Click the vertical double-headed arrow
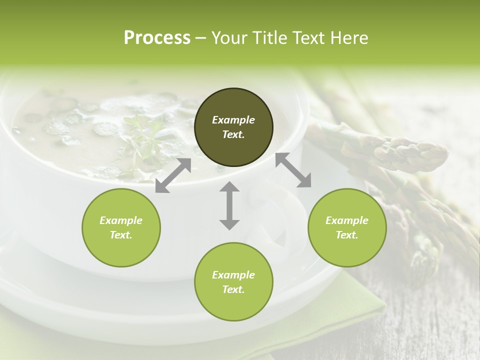[229, 205]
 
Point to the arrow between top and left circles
[173, 175]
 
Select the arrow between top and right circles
[293, 170]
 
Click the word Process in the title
[157, 38]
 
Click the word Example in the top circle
[233, 120]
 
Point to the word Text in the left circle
[121, 235]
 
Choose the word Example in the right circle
[347, 220]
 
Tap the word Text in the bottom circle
[233, 289]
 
